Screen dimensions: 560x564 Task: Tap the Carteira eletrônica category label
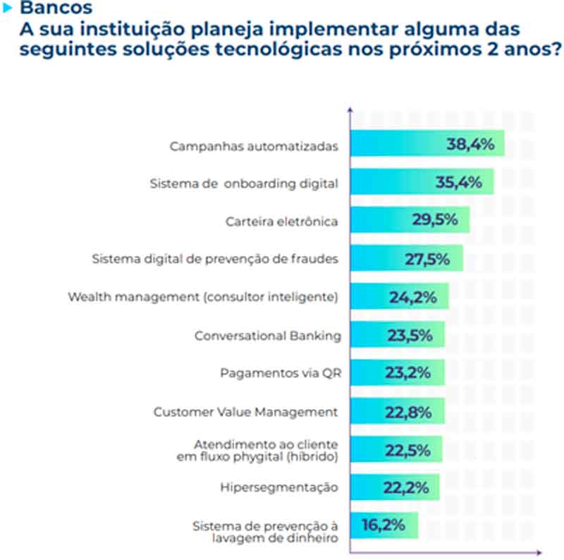[282, 221]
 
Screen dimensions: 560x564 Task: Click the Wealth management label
[203, 297]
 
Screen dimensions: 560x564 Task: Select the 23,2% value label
[409, 373]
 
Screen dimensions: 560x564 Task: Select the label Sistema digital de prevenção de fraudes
[216, 259]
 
